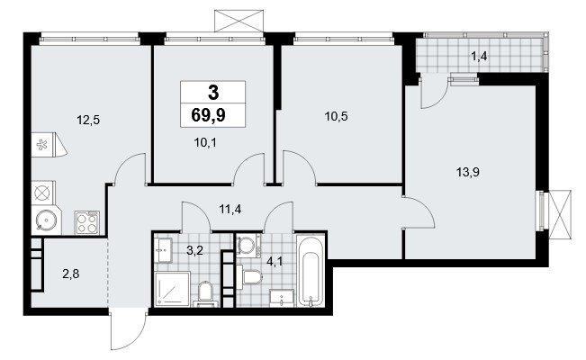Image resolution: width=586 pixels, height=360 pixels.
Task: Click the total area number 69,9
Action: click(x=208, y=115)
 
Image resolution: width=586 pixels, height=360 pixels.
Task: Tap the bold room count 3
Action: click(x=213, y=93)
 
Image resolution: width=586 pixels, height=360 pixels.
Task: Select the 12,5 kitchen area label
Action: click(x=88, y=121)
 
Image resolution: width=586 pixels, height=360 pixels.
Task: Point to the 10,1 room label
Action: click(x=205, y=142)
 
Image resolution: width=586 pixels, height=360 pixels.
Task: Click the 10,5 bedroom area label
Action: click(x=336, y=117)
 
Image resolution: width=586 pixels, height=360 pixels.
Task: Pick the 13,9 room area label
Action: click(x=468, y=172)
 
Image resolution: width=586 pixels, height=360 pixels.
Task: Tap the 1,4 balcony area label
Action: click(x=479, y=57)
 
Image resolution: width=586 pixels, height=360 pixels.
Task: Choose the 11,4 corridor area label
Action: click(x=230, y=209)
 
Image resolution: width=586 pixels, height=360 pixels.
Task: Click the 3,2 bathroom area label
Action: click(x=194, y=250)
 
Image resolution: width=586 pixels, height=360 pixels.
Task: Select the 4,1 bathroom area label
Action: click(x=275, y=261)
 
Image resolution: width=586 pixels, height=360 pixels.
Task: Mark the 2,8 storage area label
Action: click(x=71, y=274)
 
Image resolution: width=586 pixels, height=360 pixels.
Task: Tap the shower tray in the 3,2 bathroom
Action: click(x=173, y=289)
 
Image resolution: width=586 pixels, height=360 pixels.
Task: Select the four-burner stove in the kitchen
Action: click(x=87, y=223)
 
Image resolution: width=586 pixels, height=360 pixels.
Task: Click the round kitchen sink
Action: click(x=47, y=220)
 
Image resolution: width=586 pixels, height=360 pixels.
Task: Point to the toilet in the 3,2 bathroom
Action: click(x=205, y=293)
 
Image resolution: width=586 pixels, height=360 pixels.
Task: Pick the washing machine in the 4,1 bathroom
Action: click(x=247, y=246)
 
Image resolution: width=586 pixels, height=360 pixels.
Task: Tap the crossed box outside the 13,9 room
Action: click(x=560, y=214)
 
